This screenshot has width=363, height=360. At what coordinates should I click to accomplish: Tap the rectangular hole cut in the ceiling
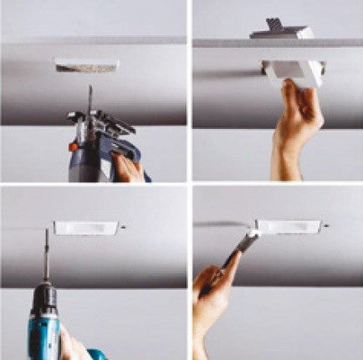[86, 64]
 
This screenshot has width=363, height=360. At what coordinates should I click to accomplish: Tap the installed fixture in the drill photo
[86, 226]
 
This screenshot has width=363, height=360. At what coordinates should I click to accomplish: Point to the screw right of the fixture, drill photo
[125, 226]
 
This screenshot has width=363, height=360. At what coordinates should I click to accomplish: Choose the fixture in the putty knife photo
[289, 226]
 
